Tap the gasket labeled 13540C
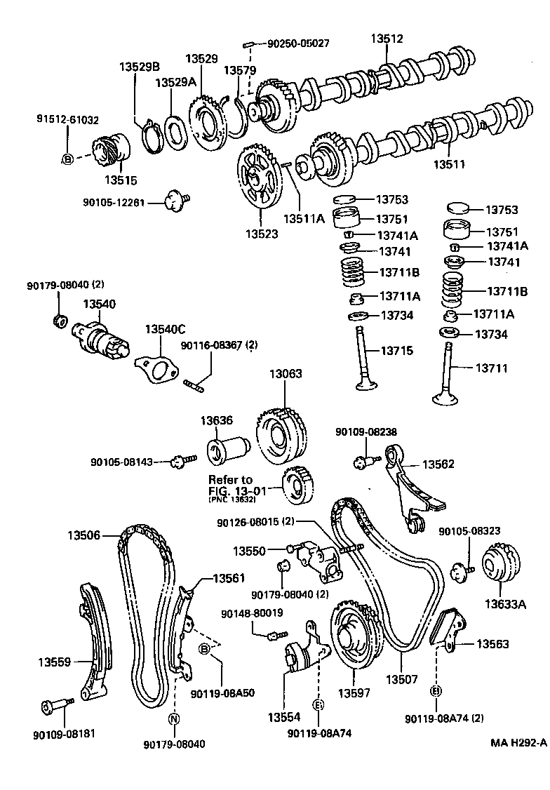tap(156, 368)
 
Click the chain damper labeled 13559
tap(91, 640)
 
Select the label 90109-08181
tap(64, 734)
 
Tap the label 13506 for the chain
tap(85, 535)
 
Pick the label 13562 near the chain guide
tap(438, 464)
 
